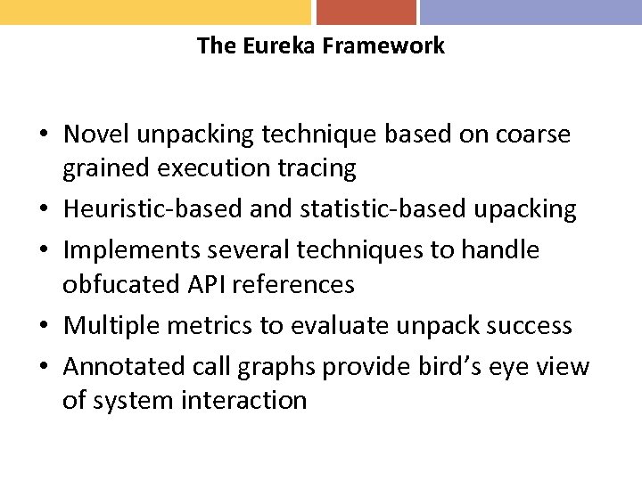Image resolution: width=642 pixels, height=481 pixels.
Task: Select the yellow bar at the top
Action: (x=155, y=12)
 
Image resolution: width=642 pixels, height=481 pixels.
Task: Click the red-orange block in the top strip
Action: (x=366, y=12)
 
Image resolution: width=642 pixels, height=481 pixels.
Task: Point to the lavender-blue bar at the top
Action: (x=531, y=12)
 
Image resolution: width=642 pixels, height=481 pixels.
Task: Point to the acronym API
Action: (x=206, y=284)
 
